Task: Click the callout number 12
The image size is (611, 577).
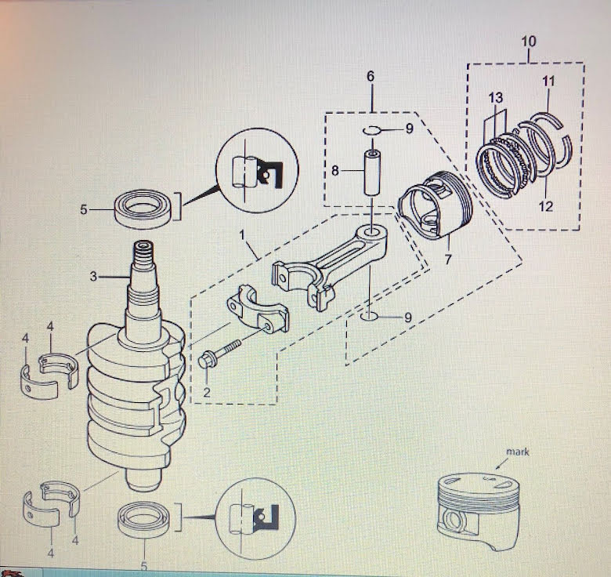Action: (546, 206)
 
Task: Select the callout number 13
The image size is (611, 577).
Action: (494, 97)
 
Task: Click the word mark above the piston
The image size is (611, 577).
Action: (495, 452)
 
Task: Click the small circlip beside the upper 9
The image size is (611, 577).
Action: (372, 129)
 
